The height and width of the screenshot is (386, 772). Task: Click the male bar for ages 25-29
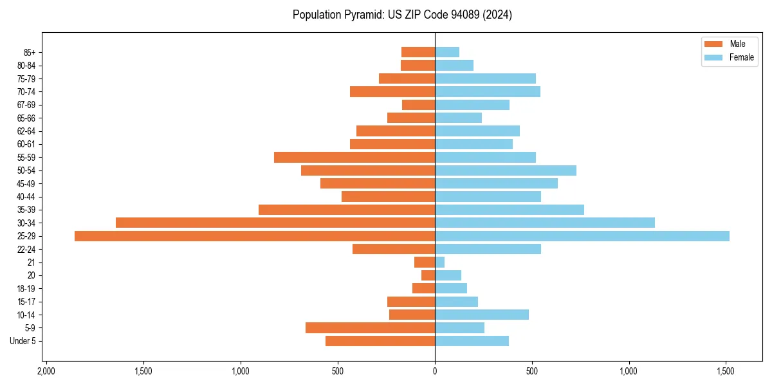tap(255, 236)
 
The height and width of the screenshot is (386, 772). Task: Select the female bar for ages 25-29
tap(582, 236)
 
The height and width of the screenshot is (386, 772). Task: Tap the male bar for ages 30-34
tap(275, 223)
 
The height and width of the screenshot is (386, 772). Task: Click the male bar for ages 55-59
tap(354, 157)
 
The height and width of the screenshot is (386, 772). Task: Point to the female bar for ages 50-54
tap(506, 170)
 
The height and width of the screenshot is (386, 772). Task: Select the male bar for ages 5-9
tap(370, 327)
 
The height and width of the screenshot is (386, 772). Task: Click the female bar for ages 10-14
tap(482, 315)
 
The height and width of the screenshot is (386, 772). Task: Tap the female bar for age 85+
tap(447, 52)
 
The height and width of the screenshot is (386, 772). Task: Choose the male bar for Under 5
tap(380, 341)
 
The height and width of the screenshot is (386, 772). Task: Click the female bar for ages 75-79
tap(485, 78)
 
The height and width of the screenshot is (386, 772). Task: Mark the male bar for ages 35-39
tap(347, 210)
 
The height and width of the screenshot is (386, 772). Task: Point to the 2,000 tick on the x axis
tap(46, 372)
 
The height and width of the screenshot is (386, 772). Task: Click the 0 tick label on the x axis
tap(435, 372)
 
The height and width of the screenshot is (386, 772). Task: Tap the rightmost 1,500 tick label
tap(726, 372)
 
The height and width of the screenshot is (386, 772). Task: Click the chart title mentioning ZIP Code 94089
tap(402, 15)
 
